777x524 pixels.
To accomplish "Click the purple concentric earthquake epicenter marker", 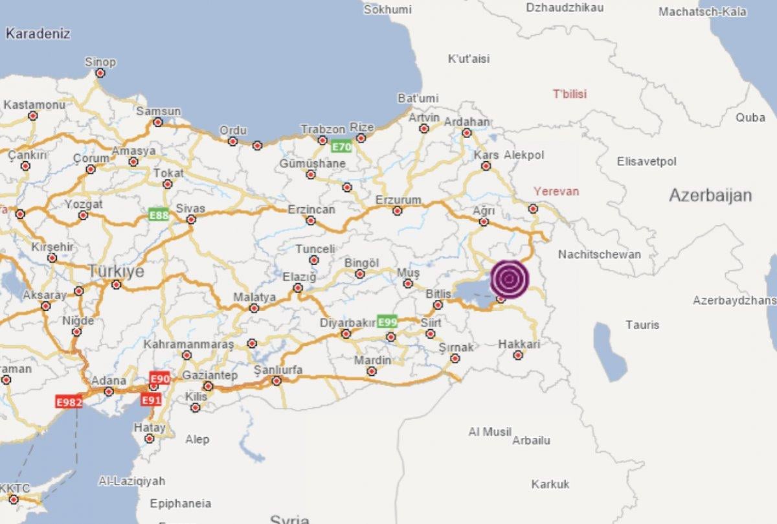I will point(510,279).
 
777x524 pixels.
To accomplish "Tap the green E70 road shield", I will point(341,147).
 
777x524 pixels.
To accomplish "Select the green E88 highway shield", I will point(158,215).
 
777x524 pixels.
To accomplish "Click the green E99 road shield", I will point(387,322).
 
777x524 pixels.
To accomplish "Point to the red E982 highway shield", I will point(69,402).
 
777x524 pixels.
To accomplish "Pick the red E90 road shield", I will point(159,378).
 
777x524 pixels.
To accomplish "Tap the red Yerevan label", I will point(556,192).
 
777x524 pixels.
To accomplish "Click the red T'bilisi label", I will point(570,94).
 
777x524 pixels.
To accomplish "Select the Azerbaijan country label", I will point(710,196).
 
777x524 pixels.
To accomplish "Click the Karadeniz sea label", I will point(38,34).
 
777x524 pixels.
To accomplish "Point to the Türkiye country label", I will point(117,271).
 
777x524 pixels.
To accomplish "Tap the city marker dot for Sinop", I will point(100,73).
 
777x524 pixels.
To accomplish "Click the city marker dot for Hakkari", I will point(517,355).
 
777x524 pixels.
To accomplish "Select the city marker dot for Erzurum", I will point(398,211).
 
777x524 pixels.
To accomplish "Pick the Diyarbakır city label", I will point(348,323).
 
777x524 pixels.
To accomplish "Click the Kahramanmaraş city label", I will point(188,344).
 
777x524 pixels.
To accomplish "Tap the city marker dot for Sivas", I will point(191,220).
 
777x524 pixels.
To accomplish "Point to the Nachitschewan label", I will point(599,255).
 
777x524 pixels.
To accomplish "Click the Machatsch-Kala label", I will point(703,12).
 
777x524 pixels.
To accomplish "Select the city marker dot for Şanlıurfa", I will point(277,381).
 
